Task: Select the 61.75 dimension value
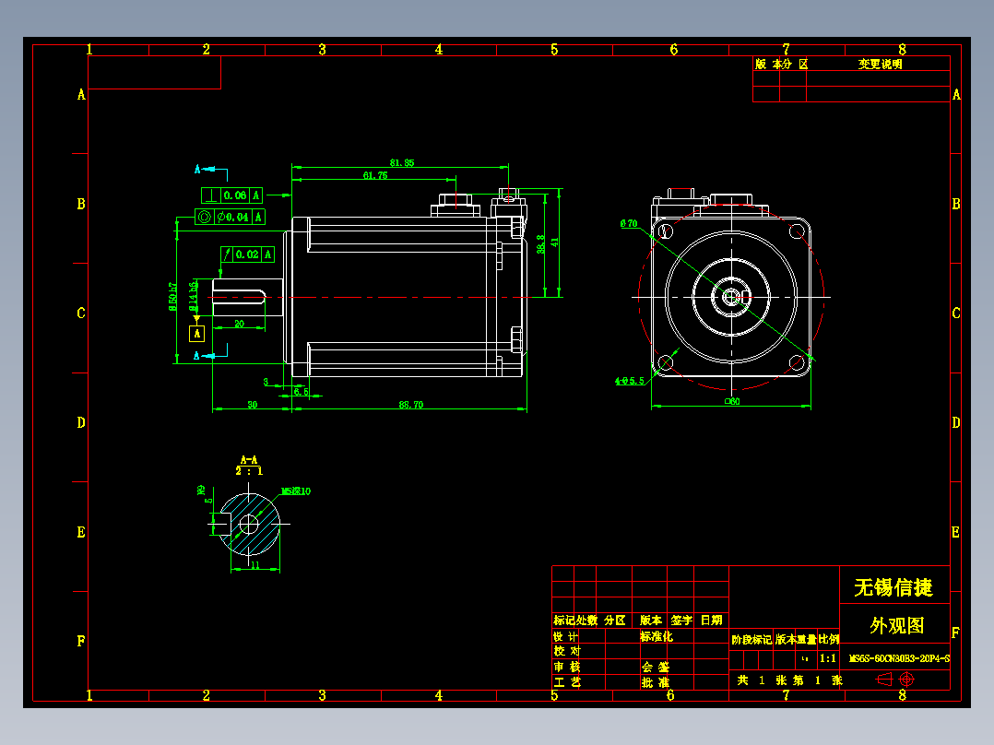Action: point(375,175)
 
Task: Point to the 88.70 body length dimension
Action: point(410,405)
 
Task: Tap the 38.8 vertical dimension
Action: point(540,249)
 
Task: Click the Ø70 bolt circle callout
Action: point(629,223)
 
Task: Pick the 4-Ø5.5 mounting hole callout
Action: point(629,381)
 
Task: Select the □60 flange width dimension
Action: point(731,401)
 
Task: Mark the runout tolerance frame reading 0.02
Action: point(247,254)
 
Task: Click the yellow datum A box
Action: point(196,334)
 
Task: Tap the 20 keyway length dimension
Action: point(239,324)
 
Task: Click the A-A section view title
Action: point(248,459)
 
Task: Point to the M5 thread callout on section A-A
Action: point(295,491)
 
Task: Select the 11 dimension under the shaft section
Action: point(255,565)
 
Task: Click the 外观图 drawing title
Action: point(895,625)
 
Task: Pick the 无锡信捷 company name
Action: point(893,587)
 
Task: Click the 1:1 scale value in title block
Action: point(828,658)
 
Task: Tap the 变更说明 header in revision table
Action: point(880,65)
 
